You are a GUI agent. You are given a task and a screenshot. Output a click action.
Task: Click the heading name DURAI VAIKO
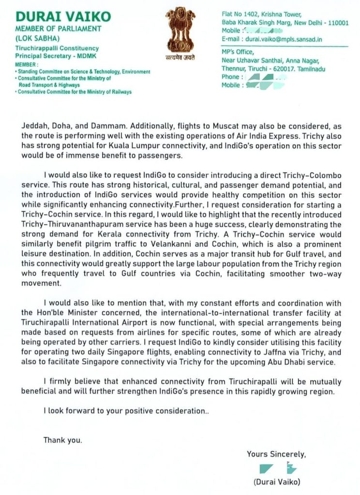click(x=63, y=16)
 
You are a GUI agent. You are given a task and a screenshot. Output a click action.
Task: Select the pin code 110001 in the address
click(x=337, y=23)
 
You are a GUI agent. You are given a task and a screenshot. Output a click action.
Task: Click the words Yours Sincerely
click(x=276, y=454)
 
